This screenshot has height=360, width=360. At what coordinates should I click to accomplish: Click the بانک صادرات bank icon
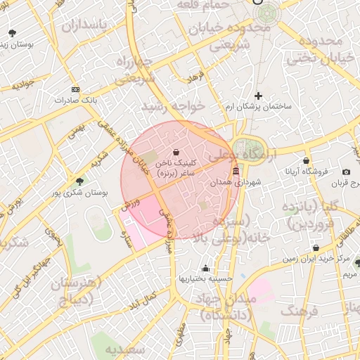(x=76, y=90)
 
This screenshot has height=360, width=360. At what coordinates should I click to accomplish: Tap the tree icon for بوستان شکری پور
(x=79, y=181)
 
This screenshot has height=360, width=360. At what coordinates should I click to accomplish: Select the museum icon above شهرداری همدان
(x=235, y=172)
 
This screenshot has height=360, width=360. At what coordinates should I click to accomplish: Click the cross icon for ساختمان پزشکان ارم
(x=258, y=96)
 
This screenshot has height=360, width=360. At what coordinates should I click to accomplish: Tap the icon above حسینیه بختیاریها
(x=205, y=268)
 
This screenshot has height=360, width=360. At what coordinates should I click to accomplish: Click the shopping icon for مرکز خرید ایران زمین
(x=316, y=248)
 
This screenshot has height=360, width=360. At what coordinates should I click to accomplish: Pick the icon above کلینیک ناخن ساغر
(x=175, y=152)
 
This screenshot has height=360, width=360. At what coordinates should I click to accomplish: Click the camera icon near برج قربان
(x=346, y=172)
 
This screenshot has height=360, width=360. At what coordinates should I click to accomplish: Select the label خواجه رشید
(x=172, y=105)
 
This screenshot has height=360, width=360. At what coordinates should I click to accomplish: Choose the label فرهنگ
(x=300, y=311)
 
